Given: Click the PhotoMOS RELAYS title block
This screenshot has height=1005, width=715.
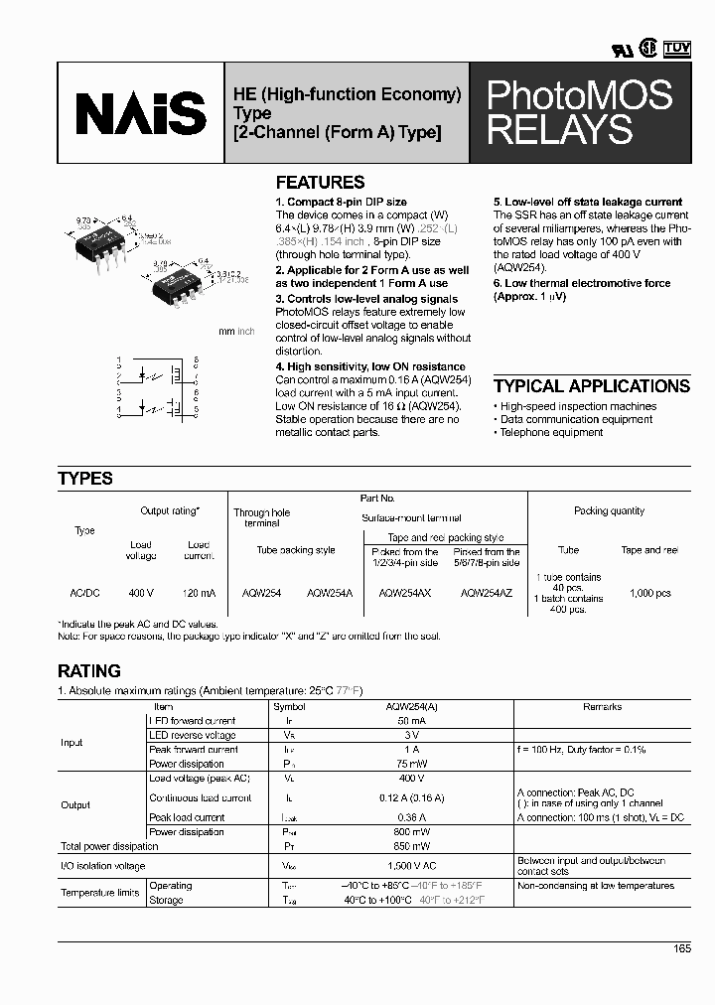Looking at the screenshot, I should (579, 112).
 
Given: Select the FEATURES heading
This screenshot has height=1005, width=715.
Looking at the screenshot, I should (320, 183).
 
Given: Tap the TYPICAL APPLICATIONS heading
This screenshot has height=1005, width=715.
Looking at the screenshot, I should (591, 386).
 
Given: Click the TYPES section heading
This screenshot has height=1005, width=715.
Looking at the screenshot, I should (85, 479).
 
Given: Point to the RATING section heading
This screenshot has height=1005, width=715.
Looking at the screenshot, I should (89, 671).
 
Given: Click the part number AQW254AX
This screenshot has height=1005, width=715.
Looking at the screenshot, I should (404, 593).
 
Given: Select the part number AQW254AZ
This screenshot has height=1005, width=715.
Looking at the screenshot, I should (487, 593).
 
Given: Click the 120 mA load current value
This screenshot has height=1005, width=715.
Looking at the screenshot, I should (199, 593).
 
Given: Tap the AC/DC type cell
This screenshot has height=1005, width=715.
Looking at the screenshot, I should (84, 593).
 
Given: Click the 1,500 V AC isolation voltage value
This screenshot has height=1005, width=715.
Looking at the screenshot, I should (406, 866).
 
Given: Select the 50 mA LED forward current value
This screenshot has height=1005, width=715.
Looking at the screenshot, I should (406, 721).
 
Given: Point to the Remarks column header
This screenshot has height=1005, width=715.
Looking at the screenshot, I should (602, 707).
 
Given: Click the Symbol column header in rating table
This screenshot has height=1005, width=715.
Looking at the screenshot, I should (289, 707).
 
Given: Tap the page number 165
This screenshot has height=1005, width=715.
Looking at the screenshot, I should (681, 949).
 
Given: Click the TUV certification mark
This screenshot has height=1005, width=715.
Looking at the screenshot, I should (676, 47).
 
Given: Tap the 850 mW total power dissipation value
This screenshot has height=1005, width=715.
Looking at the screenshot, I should (406, 846).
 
